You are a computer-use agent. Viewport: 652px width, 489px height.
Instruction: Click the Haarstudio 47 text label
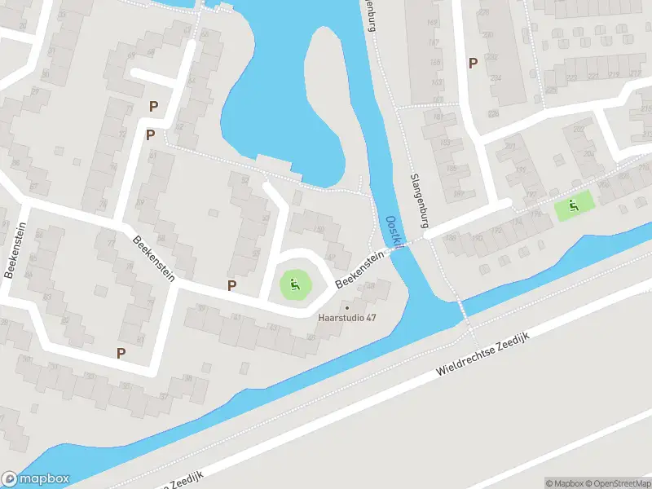coord(347,318)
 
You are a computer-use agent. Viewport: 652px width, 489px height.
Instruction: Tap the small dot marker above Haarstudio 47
coord(347,307)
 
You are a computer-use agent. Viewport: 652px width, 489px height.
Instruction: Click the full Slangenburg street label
coord(420,201)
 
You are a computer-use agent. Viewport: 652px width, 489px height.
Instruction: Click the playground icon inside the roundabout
coord(295,284)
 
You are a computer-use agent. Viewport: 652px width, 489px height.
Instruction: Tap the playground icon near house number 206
coord(574,206)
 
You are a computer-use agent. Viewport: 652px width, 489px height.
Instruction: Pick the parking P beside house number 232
coord(472,63)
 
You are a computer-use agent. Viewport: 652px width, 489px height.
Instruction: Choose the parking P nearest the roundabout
coord(232,285)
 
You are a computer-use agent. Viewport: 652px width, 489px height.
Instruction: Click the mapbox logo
coord(35,479)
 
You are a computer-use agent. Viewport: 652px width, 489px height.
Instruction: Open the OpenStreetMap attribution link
coord(619,482)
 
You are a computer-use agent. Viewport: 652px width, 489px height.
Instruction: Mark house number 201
coord(511,146)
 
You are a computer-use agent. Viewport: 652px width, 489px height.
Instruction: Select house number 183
coord(445,143)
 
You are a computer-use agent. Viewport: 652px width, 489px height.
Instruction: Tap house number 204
coord(588,152)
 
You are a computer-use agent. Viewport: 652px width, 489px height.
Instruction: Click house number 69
coord(131,55)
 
